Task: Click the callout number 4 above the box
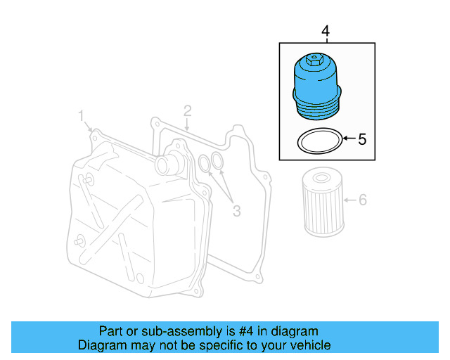point(325,31)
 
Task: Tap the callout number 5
point(362,139)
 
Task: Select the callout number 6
point(363,200)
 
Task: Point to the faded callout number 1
point(81,115)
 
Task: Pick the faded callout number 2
point(188,110)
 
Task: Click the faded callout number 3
point(237,210)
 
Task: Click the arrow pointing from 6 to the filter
point(349,200)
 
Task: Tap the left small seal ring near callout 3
point(204,164)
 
